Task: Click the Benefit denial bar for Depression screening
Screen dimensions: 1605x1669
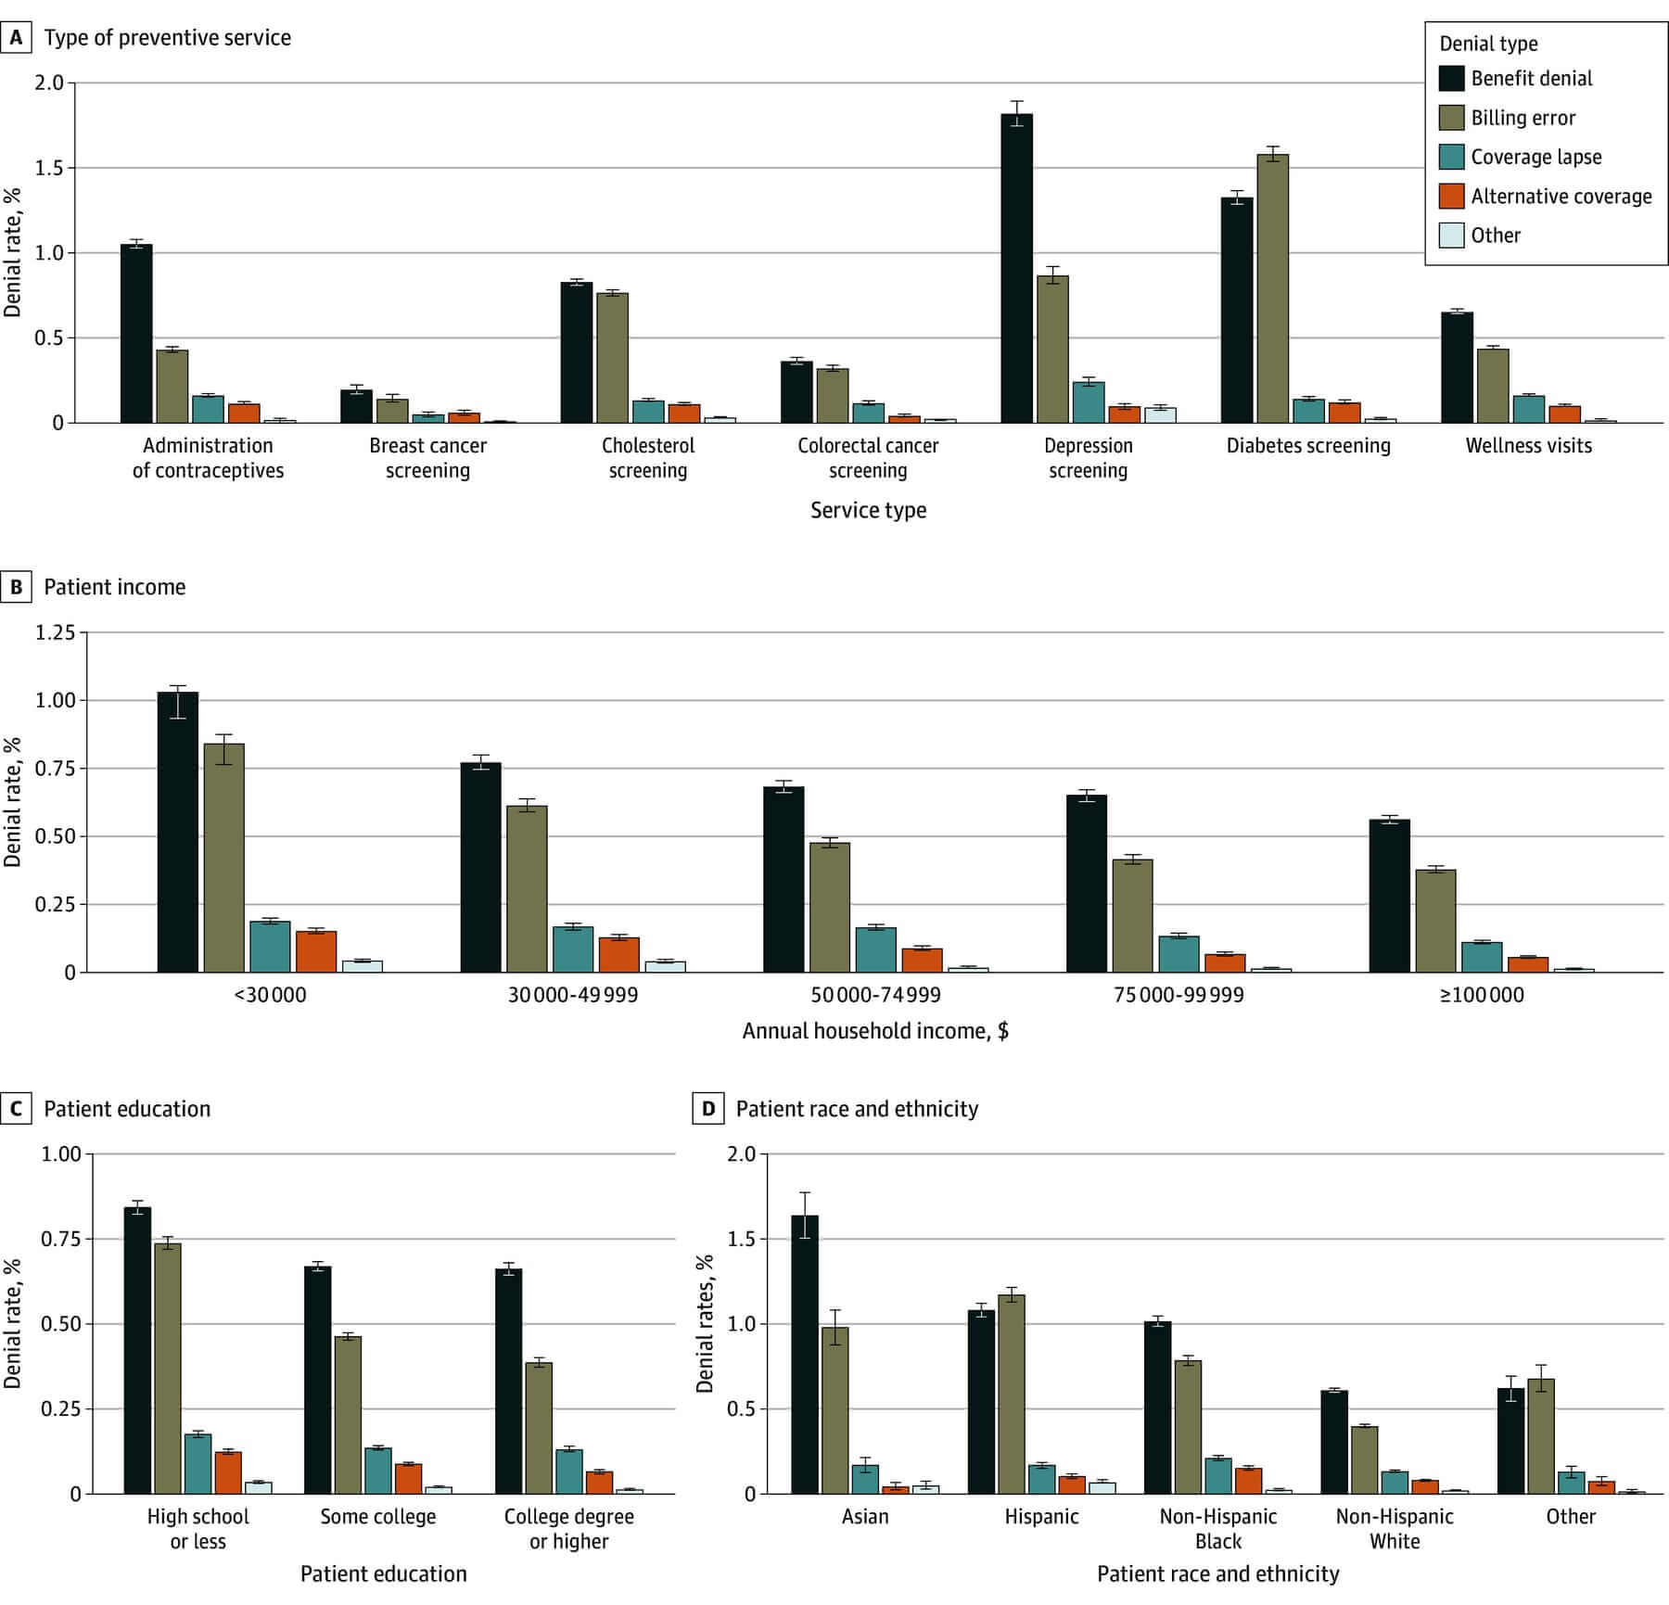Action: coord(1016,269)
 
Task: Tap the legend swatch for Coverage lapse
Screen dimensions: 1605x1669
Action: coord(1451,157)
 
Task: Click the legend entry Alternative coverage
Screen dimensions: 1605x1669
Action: coord(1561,197)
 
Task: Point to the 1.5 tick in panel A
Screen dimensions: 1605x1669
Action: coord(51,168)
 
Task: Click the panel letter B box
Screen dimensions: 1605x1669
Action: coord(16,587)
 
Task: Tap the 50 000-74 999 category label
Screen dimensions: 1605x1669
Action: coord(875,995)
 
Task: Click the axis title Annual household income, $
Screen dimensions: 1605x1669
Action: coord(875,1030)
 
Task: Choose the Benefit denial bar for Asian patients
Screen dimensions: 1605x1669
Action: coord(804,1355)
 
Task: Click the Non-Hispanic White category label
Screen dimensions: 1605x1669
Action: coord(1395,1528)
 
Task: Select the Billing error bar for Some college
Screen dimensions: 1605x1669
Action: coord(348,1414)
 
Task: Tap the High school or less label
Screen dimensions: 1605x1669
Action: coord(197,1528)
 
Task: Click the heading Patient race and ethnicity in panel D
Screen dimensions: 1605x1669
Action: coord(857,1109)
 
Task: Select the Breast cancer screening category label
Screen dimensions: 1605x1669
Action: coord(427,457)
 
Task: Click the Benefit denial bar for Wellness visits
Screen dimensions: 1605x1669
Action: coord(1457,368)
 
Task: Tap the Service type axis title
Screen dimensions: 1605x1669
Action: coord(868,510)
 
